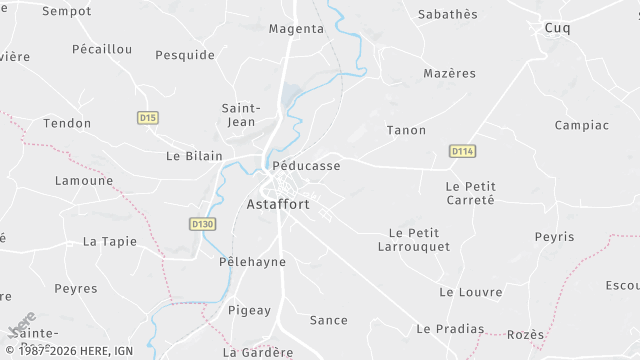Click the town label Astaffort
(277, 204)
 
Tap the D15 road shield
(148, 118)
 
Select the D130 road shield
(202, 224)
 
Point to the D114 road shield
(461, 151)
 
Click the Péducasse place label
(306, 166)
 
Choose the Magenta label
(296, 29)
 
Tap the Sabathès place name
(447, 14)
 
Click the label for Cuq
(557, 28)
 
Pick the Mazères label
(449, 73)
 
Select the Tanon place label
(406, 130)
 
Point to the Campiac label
(581, 125)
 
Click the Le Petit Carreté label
(470, 193)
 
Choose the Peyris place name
(554, 237)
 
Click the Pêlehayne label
(252, 262)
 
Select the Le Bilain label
(194, 156)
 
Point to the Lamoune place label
(84, 181)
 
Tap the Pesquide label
(185, 55)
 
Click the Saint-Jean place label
(241, 115)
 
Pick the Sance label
(328, 320)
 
